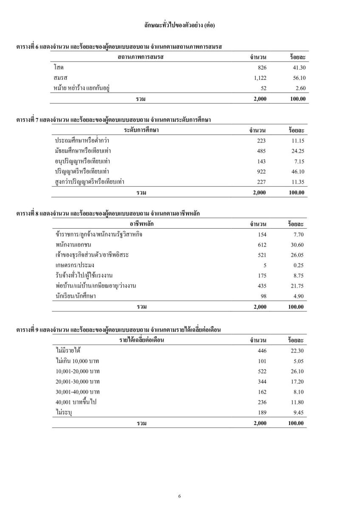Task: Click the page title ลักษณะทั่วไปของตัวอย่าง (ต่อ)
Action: [180, 25]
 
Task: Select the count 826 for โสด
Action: [262, 67]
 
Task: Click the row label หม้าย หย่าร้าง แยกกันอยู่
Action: [82, 88]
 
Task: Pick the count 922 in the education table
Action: [261, 172]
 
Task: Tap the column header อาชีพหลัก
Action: [142, 224]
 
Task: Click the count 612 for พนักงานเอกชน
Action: [261, 245]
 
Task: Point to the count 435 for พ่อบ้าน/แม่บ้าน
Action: [261, 286]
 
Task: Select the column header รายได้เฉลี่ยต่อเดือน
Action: [142, 340]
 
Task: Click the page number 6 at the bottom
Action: [180, 496]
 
